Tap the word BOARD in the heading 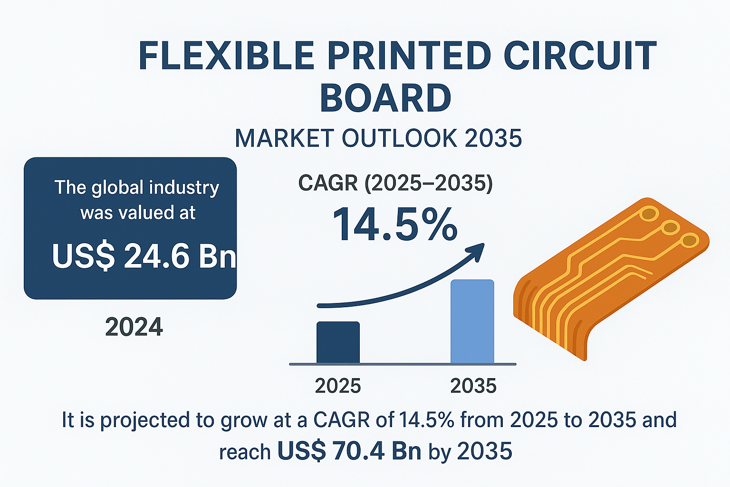coord(386,98)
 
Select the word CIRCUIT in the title coord(580,56)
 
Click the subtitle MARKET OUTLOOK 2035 coord(378,138)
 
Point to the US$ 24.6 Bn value coord(144,256)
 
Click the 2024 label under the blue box coord(134,327)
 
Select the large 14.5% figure coord(395,224)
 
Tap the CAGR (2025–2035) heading coord(395,183)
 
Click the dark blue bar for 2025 coord(338,342)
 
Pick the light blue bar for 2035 coord(472,321)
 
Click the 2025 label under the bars coord(338,386)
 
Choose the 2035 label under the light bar coord(473,386)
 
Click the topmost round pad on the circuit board coord(649,214)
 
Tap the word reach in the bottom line coord(245,452)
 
